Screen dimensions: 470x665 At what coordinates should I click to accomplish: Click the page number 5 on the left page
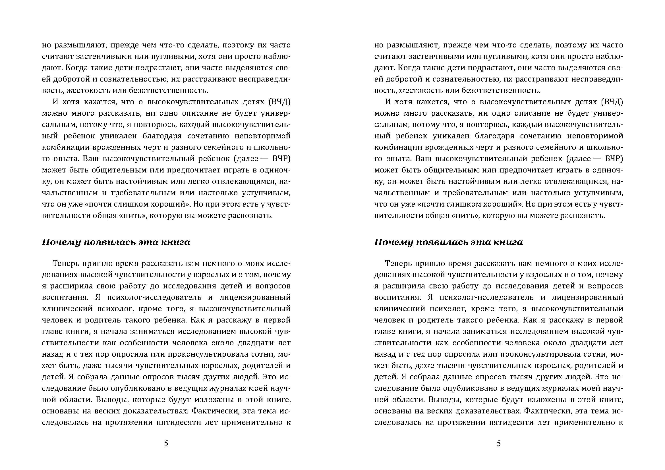(x=166, y=443)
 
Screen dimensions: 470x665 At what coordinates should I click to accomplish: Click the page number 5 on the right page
(x=498, y=443)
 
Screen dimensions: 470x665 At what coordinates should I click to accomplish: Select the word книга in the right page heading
(x=510, y=242)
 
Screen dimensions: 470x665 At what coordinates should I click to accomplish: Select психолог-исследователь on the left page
(x=155, y=298)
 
